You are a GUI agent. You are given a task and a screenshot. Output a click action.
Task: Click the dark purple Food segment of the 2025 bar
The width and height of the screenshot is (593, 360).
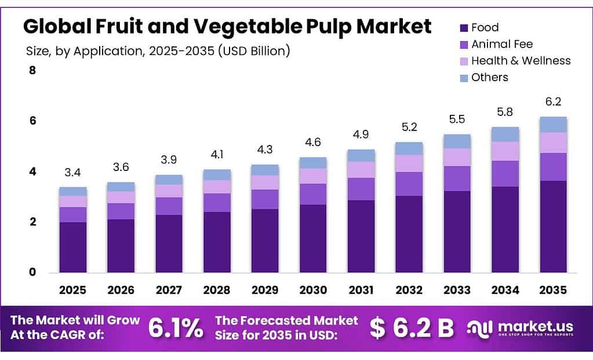point(73,247)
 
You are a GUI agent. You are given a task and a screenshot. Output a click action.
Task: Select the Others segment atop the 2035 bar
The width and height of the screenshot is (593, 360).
point(553,125)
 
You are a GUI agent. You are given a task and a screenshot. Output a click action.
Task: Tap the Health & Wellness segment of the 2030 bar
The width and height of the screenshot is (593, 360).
point(313,176)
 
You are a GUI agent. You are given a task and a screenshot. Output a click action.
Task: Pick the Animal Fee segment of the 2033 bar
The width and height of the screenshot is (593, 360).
point(457,179)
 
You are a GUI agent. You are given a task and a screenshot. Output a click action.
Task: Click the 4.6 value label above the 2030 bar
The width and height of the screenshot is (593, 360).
point(313,143)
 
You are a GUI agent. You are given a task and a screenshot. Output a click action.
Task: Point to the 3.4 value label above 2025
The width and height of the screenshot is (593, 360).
point(73,172)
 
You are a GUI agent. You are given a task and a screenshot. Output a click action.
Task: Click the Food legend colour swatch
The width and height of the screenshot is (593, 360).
point(464,28)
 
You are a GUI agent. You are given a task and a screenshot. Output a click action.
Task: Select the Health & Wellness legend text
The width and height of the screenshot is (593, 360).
point(521,61)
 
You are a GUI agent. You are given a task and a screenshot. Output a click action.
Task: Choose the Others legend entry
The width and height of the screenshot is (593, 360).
point(489,78)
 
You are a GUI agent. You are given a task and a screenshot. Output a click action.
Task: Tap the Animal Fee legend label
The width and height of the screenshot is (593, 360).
point(501,44)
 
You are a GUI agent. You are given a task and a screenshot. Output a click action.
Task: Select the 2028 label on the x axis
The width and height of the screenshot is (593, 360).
point(217,290)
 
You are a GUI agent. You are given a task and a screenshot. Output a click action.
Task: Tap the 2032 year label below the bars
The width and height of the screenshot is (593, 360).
point(409,290)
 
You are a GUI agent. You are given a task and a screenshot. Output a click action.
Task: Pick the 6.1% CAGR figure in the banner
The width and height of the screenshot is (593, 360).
point(176,328)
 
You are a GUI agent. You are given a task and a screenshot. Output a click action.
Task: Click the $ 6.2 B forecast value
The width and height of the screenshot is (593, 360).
point(412,328)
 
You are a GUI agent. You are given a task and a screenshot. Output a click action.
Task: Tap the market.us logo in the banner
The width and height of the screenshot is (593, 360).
point(520,328)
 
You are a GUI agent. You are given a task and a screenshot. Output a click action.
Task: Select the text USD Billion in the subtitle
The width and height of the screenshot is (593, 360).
point(254,51)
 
